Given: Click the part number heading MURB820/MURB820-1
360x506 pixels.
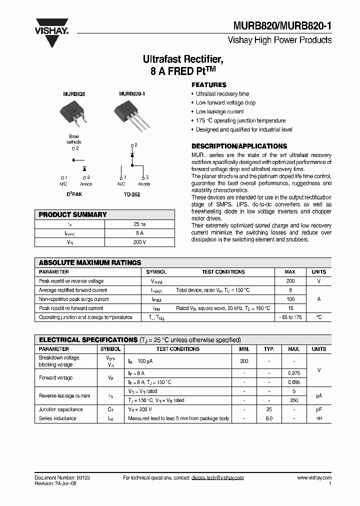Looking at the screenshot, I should [x=282, y=26].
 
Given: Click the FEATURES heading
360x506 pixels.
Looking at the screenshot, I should [x=209, y=85].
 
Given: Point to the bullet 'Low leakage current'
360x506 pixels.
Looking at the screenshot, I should [x=219, y=111].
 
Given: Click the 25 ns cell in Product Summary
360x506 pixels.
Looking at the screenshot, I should [x=139, y=224].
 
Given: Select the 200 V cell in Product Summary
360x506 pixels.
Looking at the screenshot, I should [x=139, y=242].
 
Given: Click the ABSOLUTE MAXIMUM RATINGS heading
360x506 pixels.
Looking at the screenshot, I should [x=90, y=262].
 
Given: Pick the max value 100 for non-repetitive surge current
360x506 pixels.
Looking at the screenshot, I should [x=290, y=299].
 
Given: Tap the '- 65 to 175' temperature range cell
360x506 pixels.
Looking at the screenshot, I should [x=290, y=317].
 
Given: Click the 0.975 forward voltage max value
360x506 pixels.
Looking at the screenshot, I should [x=293, y=373].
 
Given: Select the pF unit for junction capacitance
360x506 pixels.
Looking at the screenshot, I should [x=318, y=409].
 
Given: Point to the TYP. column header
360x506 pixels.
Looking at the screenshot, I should [x=269, y=349].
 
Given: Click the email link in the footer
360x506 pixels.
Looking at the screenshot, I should [x=217, y=477].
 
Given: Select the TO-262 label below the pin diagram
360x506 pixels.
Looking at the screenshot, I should [x=132, y=194].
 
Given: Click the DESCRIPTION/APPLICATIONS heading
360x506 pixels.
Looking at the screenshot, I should [x=239, y=146].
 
